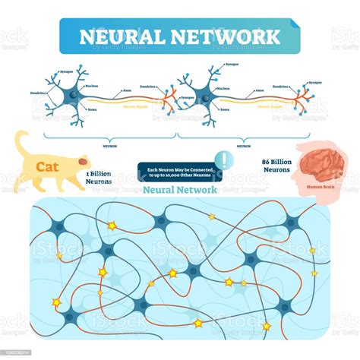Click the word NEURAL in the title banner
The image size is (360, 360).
pos(121,36)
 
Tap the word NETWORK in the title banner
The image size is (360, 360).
pos(232,36)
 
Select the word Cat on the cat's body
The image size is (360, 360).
pos(46,165)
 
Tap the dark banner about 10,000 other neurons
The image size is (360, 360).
pos(177,172)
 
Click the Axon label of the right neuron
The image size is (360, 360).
pos(259,90)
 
